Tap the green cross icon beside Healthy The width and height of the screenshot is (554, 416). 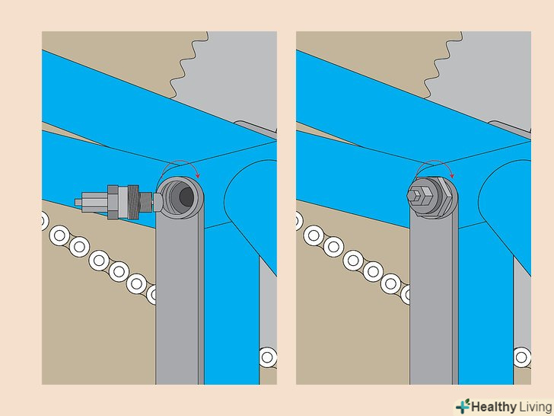coord(463,406)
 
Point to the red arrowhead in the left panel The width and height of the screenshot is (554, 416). coord(198,175)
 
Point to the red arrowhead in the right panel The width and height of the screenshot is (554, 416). coord(452,175)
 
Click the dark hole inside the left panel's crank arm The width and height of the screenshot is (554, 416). coord(186,197)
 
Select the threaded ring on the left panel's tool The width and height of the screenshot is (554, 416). coord(134,202)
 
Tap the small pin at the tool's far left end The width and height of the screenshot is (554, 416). coord(78,202)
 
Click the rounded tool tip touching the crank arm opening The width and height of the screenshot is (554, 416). coord(158,203)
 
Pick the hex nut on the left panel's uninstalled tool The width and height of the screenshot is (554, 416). coord(113,202)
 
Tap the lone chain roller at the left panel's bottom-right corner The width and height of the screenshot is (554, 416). coord(268,357)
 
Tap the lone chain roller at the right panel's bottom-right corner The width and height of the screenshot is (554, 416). coord(522,357)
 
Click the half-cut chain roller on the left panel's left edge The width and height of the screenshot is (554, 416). coord(45,221)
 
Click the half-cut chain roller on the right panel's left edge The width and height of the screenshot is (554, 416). coord(299,221)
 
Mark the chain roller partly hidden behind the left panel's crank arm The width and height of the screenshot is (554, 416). coord(151,294)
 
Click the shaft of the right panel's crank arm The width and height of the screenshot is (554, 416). coord(434,301)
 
